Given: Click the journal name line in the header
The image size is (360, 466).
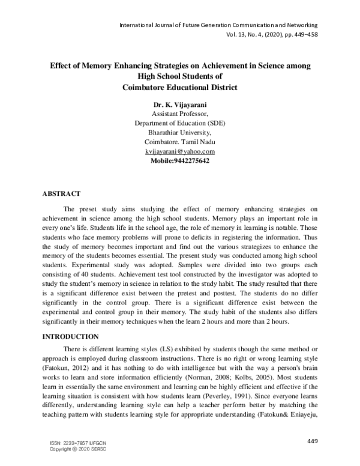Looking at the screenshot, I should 218,25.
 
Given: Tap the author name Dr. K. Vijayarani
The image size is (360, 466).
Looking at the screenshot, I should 180,104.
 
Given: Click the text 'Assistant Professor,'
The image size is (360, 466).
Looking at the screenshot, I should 180,113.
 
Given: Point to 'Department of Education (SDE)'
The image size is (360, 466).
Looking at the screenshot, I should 180,123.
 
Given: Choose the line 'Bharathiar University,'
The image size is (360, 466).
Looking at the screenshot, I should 180,132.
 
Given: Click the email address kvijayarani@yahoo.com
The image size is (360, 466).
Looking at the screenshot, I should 180,151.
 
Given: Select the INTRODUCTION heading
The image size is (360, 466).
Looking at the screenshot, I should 74,337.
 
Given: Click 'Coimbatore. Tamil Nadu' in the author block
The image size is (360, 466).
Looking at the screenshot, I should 180,142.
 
